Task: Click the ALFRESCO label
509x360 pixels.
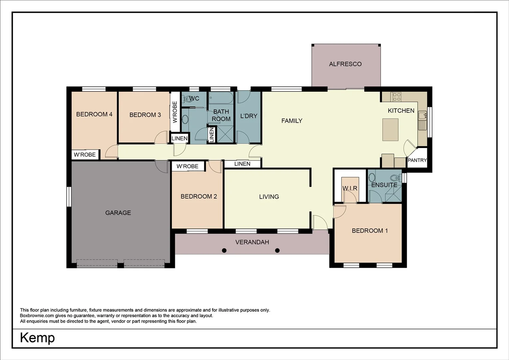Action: (345, 64)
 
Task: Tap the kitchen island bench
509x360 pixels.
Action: (390, 129)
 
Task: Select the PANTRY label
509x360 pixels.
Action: (417, 160)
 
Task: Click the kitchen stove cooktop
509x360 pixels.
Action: (396, 97)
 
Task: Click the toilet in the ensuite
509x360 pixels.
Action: (395, 177)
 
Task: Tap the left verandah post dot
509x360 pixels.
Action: (224, 250)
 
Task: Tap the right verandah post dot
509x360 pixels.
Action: (277, 250)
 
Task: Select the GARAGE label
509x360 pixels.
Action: (118, 213)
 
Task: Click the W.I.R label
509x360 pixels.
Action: (350, 188)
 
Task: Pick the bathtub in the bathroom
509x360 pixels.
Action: (221, 98)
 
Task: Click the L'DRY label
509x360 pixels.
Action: (249, 116)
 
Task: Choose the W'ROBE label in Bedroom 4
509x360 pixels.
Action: (85, 155)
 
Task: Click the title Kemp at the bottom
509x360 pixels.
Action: (37, 338)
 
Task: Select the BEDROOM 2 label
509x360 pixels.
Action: (199, 197)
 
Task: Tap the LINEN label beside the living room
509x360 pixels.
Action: (242, 164)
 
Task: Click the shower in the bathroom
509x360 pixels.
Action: (225, 134)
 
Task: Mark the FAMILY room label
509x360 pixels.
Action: (292, 121)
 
